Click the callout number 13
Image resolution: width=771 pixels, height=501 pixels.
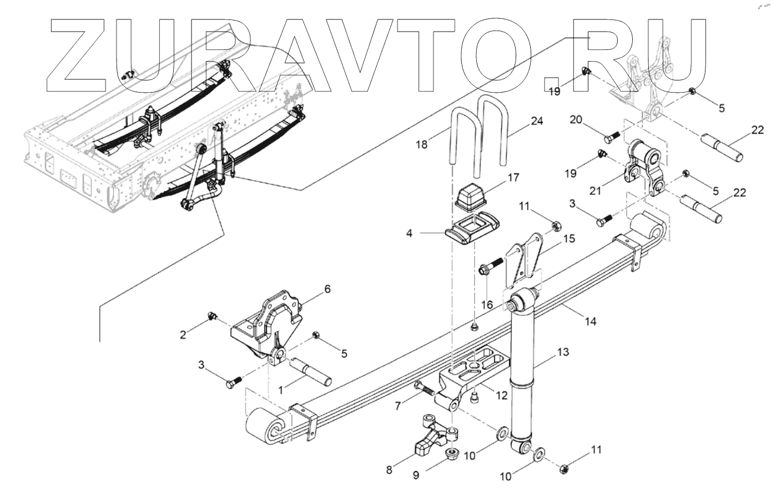point(563,352)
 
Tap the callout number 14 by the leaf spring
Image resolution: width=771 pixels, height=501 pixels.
point(591,321)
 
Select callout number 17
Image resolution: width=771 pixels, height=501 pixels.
point(512,178)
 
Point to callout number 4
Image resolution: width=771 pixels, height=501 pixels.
point(409,234)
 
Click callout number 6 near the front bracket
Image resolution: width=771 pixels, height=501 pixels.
point(327,289)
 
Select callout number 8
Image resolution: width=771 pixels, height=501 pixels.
point(389,470)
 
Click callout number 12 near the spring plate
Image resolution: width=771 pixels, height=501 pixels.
point(502,396)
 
